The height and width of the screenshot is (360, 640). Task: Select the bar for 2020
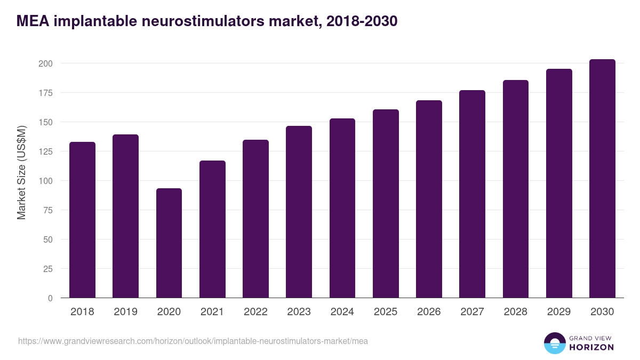(x=169, y=243)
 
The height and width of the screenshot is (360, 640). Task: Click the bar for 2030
(x=602, y=179)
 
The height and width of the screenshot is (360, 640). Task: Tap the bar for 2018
(x=82, y=220)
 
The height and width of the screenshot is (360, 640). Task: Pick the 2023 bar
(x=299, y=212)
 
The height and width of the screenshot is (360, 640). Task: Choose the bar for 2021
(x=212, y=229)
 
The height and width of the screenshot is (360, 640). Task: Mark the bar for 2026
(x=429, y=199)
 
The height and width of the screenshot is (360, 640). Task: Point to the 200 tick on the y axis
(x=46, y=63)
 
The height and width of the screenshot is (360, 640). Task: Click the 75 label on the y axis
(x=48, y=210)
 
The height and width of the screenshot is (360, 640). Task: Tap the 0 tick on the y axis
(x=50, y=298)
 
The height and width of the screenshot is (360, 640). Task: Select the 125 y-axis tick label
(x=46, y=151)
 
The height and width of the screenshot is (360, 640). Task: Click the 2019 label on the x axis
(x=125, y=312)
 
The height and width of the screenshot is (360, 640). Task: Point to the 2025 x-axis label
(x=386, y=312)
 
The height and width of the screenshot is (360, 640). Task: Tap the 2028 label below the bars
(x=516, y=312)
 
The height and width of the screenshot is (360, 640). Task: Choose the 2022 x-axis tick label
(x=255, y=312)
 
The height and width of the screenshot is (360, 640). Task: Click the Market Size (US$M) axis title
(x=21, y=172)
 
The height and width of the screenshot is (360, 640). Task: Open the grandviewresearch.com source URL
(x=193, y=341)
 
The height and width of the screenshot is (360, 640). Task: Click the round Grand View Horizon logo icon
(x=554, y=343)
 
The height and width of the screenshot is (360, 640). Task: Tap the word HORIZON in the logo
(x=591, y=347)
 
